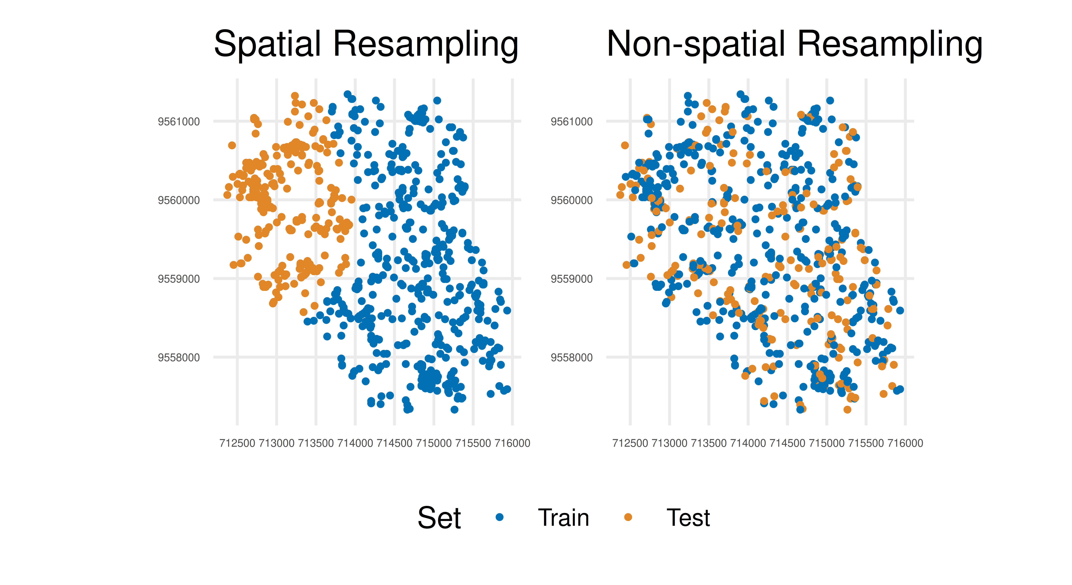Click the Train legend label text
(x=563, y=518)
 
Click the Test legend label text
(x=688, y=518)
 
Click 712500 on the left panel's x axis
(x=237, y=443)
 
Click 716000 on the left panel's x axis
(x=512, y=443)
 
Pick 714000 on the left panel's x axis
(x=355, y=443)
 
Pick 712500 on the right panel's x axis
(x=630, y=443)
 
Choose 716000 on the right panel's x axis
(x=905, y=443)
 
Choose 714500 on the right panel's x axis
(x=787, y=443)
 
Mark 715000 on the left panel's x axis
(x=434, y=443)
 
